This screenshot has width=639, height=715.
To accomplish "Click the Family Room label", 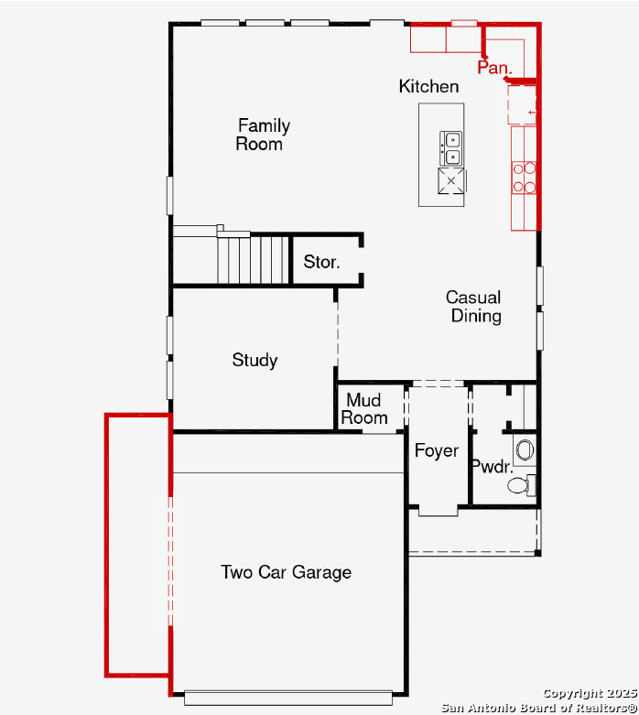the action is (x=263, y=135).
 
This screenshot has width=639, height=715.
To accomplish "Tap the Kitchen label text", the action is (x=428, y=87).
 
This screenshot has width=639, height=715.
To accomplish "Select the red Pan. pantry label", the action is (x=495, y=68).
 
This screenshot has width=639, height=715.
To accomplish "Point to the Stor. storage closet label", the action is (x=321, y=262).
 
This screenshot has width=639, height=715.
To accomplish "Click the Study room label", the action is (x=255, y=360).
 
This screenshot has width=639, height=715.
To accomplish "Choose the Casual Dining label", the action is (x=474, y=307).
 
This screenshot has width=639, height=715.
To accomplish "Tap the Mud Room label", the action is (x=364, y=409).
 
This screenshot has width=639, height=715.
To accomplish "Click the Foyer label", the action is (x=437, y=451).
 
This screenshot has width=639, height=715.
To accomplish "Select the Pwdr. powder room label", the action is (x=493, y=467).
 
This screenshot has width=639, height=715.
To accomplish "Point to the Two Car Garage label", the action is (x=286, y=572).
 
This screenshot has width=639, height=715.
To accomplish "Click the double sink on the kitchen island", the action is (x=450, y=148).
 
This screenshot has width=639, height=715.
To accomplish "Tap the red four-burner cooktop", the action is (x=524, y=178).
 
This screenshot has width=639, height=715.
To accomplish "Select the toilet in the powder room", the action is (x=521, y=485).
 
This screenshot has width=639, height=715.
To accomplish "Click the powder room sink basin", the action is (x=525, y=450).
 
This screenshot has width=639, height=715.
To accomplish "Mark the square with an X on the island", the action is (x=451, y=181).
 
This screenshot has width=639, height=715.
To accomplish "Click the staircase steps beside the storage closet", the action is (x=253, y=259).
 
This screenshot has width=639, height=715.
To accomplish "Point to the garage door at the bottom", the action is (x=288, y=699).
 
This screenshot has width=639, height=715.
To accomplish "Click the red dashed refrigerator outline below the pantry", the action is (x=522, y=105).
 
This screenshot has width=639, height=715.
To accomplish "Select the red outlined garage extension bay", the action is (x=138, y=545).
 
